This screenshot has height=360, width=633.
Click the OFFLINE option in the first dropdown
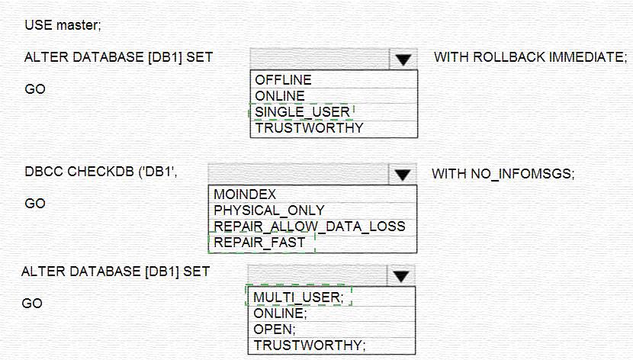(x=283, y=79)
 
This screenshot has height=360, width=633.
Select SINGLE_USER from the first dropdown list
(x=302, y=112)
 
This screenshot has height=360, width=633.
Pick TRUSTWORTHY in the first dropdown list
(x=309, y=128)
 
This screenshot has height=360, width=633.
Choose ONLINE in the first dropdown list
(x=280, y=95)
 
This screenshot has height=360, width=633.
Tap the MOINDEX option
(x=245, y=194)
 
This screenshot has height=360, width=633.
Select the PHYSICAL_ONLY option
(x=269, y=211)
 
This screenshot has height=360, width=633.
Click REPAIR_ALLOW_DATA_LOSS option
(x=309, y=227)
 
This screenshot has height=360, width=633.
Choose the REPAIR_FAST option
(x=259, y=243)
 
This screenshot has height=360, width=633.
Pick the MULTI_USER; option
(x=298, y=297)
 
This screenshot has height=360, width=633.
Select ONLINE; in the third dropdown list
(x=280, y=313)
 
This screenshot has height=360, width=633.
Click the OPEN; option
(x=275, y=329)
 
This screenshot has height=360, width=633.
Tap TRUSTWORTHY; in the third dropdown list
(x=309, y=346)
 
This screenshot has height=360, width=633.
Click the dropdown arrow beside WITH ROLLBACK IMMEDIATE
(x=403, y=59)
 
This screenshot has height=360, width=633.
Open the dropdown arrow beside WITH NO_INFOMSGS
(x=402, y=175)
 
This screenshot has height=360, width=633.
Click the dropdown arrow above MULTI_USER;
(x=400, y=276)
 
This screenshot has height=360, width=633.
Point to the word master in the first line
(x=79, y=25)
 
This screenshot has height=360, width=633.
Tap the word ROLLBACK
(x=509, y=57)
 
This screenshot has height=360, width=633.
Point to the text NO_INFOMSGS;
(x=522, y=174)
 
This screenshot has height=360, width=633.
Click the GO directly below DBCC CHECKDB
(x=35, y=204)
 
